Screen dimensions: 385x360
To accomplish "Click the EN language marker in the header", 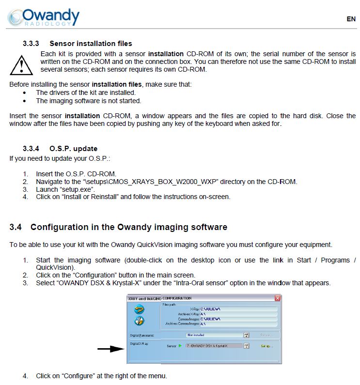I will (x=351, y=19).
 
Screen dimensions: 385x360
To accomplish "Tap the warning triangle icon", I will (x=20, y=63).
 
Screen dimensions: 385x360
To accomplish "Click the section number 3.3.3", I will (x=31, y=44).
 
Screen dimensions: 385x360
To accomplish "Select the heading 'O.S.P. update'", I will (x=73, y=148).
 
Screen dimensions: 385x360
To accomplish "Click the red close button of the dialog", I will (x=278, y=298).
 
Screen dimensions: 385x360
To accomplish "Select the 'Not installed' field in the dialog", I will (x=214, y=335).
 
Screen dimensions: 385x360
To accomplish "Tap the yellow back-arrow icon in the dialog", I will (x=139, y=309).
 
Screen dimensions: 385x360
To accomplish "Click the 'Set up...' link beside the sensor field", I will (x=267, y=346).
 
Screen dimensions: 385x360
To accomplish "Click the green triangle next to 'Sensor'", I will (x=180, y=346).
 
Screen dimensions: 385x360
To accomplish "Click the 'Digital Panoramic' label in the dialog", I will (x=142, y=335).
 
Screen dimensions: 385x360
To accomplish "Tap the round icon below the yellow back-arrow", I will (x=139, y=321).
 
